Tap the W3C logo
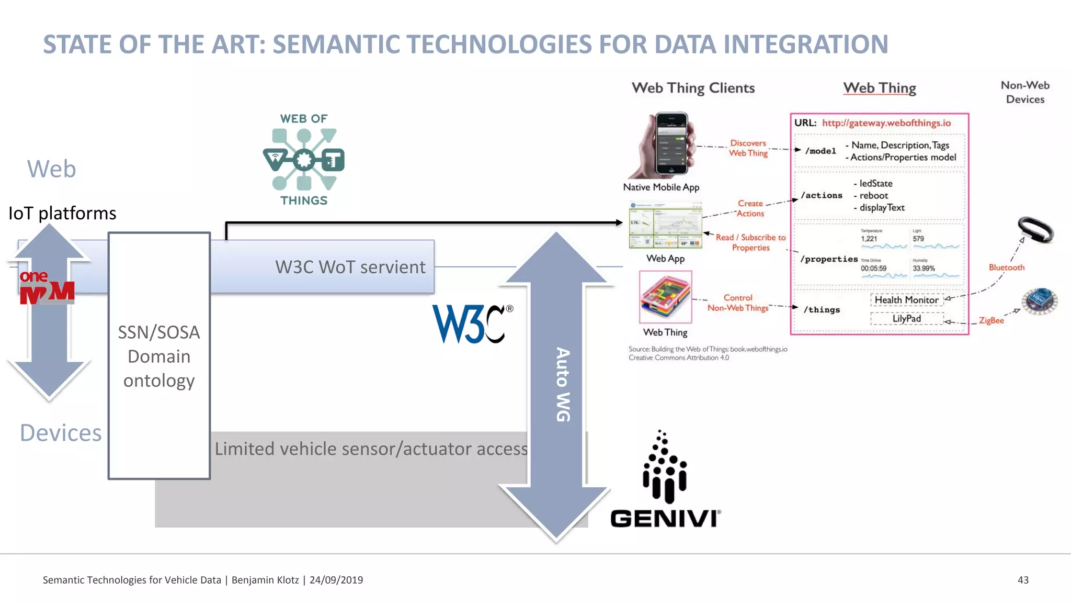[x=471, y=323]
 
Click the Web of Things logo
[x=304, y=160]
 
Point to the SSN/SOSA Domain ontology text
[x=159, y=356]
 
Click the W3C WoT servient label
[x=350, y=267]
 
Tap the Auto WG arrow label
[x=563, y=384]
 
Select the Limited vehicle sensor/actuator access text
[x=371, y=449]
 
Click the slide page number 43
[x=1023, y=580]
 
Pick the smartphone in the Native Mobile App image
[x=671, y=143]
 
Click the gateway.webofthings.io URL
[x=886, y=123]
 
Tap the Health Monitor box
[x=906, y=300]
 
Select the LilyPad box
[x=906, y=318]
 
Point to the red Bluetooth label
[x=1006, y=267]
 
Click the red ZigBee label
[x=991, y=320]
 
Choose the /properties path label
[x=828, y=259]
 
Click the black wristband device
[x=1035, y=230]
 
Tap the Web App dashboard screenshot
[x=665, y=225]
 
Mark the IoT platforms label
[x=62, y=213]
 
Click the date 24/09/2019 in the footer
[x=336, y=580]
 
